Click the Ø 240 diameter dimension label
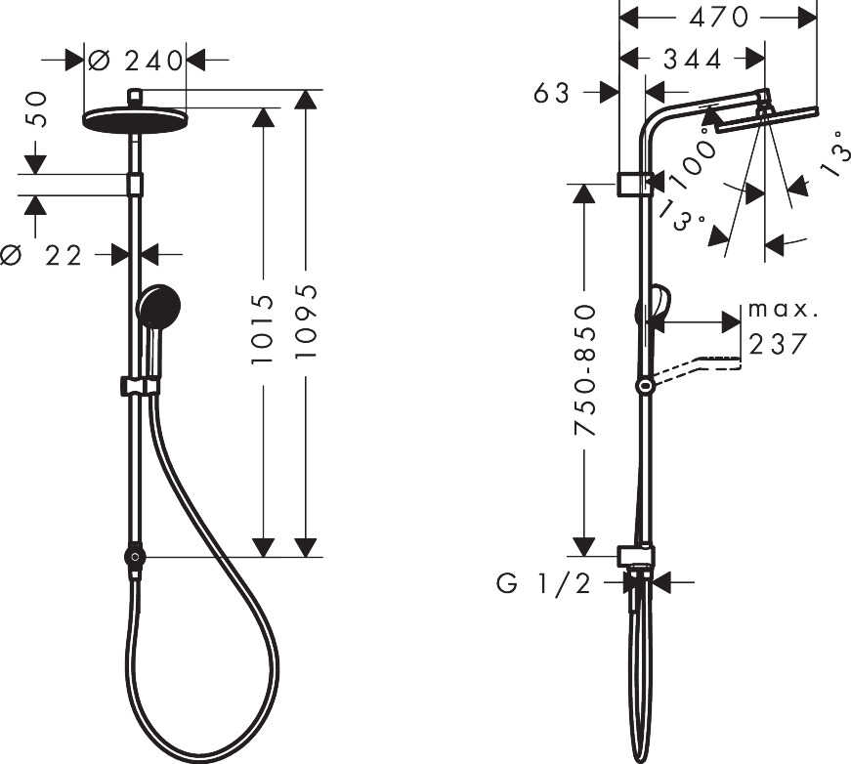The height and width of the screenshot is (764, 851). coord(136,61)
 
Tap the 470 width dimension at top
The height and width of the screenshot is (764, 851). coord(718,18)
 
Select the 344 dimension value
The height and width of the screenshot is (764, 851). coord(693,60)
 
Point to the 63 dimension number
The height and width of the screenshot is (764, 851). coord(552,93)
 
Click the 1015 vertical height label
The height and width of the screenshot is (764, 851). coord(263,329)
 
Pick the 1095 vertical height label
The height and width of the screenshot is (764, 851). coord(306,320)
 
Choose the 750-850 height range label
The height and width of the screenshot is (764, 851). coord(584,370)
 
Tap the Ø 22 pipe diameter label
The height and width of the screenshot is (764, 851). coord(41,255)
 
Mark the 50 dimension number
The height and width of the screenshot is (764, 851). coord(36,109)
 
